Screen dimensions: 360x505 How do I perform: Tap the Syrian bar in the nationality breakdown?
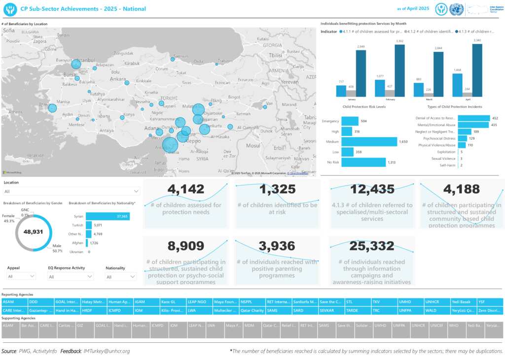[x=108, y=216]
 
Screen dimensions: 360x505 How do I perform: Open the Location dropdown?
[x=72, y=191]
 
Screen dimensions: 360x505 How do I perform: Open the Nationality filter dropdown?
[x=120, y=277]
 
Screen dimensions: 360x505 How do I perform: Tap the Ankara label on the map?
[x=117, y=79]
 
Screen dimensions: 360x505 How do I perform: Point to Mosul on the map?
[x=253, y=145]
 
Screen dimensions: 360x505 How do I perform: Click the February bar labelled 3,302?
[x=399, y=71]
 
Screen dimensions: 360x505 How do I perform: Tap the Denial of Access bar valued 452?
[x=473, y=118]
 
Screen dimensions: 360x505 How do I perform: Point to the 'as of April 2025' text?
[x=413, y=9]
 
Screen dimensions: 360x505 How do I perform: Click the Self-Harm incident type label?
[x=447, y=165]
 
